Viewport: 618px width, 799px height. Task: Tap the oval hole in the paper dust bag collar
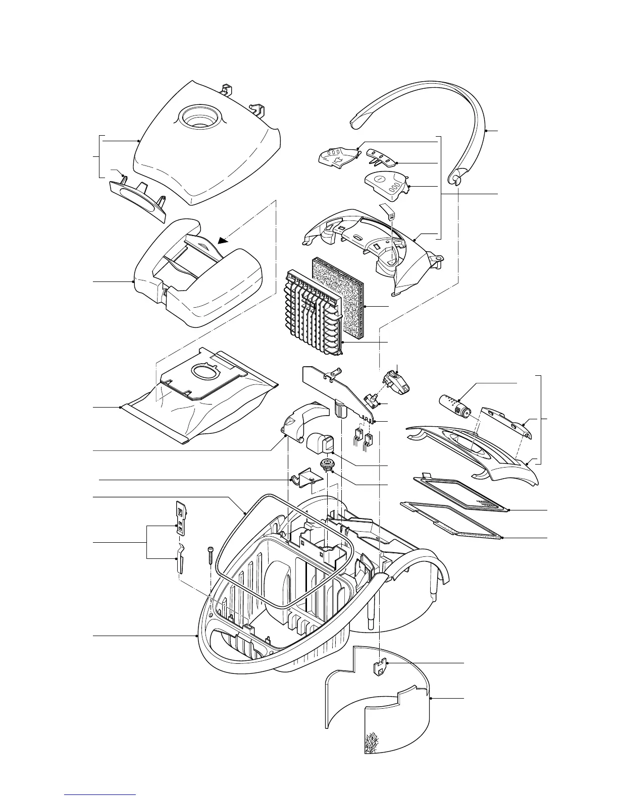click(203, 374)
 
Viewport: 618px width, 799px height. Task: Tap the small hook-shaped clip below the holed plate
click(179, 559)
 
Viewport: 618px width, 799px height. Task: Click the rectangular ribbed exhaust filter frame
click(462, 491)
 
